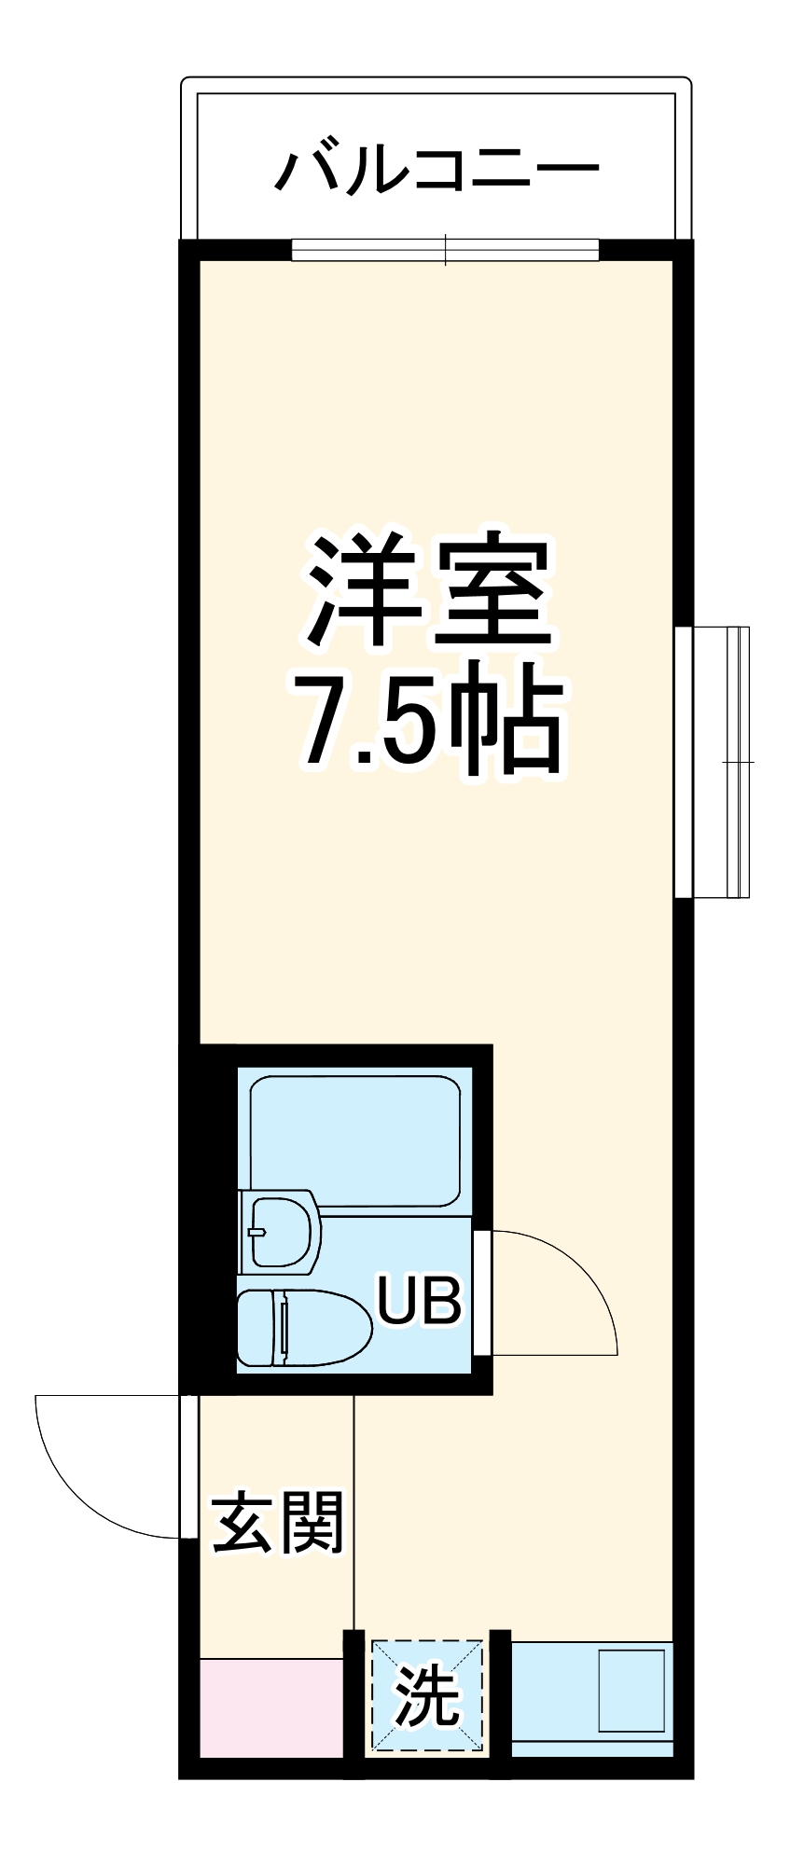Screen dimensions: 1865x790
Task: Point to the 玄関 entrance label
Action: point(279,1524)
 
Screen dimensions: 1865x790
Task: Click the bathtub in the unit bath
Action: point(354,1142)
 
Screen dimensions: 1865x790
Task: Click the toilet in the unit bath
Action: point(298,1328)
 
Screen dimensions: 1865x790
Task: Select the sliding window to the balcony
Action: point(445,250)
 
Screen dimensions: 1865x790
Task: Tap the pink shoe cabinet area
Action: point(271,1707)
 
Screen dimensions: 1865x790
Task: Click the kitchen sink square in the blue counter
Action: point(631,1691)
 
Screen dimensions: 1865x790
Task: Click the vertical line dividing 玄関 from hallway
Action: point(353,1511)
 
